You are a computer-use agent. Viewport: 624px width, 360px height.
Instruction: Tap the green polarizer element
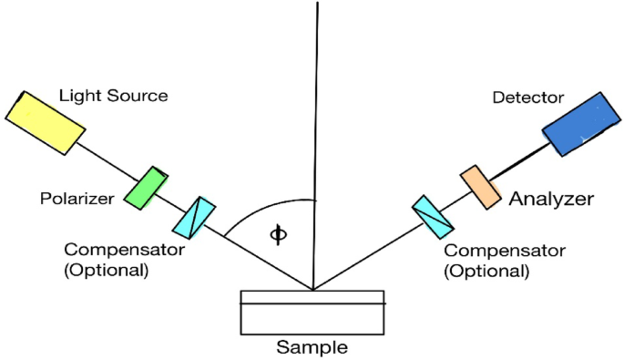[x=147, y=189]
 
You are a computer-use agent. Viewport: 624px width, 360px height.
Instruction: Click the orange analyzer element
[x=479, y=186]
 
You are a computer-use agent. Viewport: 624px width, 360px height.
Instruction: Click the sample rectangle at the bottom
[x=312, y=313]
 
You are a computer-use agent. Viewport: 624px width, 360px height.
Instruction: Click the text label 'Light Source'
[x=113, y=95]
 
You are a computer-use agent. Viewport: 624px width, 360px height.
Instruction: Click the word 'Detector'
[x=528, y=97]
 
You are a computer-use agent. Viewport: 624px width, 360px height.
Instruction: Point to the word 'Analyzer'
[x=552, y=199]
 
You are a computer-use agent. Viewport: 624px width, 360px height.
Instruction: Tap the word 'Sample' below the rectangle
[x=312, y=347]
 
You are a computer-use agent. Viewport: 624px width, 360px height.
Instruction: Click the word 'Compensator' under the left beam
[x=124, y=249]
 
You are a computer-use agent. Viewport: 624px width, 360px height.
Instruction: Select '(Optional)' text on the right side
[x=486, y=270]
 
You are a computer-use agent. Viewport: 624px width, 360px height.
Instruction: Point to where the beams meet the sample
[x=313, y=291]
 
